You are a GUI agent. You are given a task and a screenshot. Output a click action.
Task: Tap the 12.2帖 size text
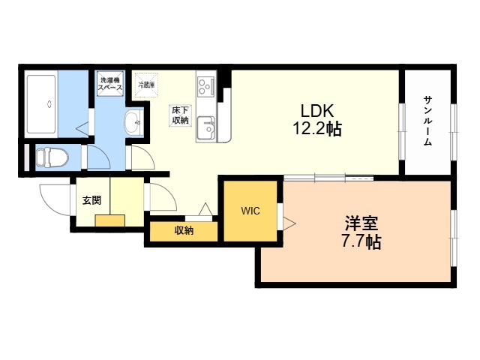316,128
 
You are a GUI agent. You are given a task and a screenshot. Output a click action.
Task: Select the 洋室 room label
361,223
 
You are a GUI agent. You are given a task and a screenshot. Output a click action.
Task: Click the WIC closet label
250,211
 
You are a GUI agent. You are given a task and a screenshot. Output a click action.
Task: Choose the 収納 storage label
184,231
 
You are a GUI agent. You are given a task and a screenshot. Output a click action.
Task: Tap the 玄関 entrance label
91,200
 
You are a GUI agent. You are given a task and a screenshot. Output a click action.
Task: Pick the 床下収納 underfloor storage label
180,115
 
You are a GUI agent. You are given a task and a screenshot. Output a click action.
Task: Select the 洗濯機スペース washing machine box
110,82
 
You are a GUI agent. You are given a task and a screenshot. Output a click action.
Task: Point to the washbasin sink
133,122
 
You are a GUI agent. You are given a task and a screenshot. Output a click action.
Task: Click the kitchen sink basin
205,128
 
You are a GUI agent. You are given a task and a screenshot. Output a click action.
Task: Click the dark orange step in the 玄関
110,220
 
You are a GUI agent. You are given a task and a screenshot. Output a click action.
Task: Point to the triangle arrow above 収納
204,210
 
